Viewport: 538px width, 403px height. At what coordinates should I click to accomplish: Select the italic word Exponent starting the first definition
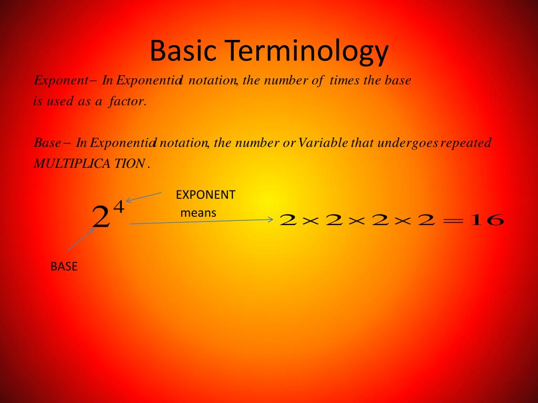[x=60, y=81]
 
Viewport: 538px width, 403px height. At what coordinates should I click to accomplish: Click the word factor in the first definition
[x=127, y=101]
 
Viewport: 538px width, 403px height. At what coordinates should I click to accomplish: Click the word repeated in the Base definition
[x=466, y=143]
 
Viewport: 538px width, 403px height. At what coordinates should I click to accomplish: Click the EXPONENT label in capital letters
[x=205, y=195]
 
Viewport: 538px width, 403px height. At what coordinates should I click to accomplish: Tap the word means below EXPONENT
[x=198, y=213]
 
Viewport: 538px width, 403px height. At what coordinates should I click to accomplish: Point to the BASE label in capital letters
[x=64, y=267]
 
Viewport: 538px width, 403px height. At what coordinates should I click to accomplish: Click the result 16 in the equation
[x=488, y=220]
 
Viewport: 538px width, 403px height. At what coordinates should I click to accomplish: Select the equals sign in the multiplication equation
[x=455, y=221]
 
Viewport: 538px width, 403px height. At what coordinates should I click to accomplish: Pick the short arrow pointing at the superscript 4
[x=143, y=197]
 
